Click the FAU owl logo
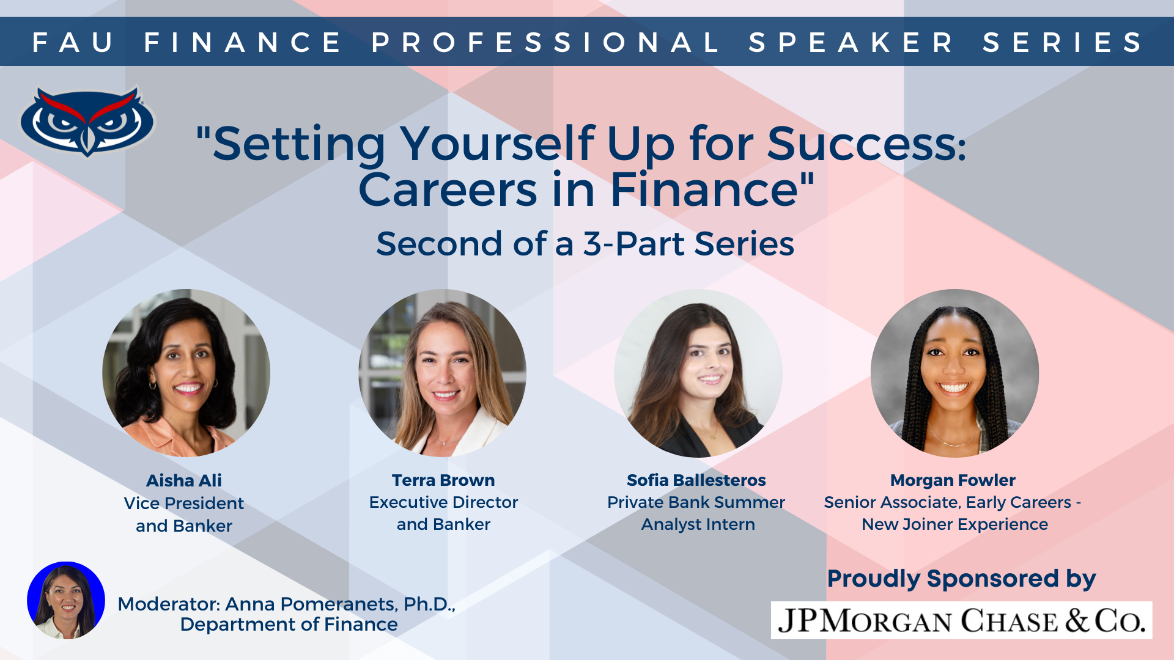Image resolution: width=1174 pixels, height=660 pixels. click(x=87, y=120)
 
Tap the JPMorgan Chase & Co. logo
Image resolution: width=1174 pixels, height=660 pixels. click(x=961, y=620)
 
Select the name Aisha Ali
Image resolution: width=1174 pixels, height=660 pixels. click(x=184, y=480)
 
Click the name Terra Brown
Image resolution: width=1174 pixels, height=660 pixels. click(x=443, y=480)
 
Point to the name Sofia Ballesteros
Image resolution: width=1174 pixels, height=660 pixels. click(x=696, y=480)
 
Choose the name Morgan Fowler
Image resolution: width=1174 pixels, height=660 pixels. click(x=953, y=480)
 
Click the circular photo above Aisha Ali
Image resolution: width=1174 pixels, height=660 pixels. click(x=186, y=373)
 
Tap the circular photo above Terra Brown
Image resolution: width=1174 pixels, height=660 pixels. click(x=443, y=373)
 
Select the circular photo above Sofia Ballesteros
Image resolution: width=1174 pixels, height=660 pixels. click(x=698, y=373)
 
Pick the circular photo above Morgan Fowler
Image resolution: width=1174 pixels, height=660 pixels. click(x=954, y=373)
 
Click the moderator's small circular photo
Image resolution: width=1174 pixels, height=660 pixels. click(x=66, y=600)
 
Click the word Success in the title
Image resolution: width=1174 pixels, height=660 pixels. click(x=866, y=144)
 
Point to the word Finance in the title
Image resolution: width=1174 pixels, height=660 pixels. click(x=704, y=189)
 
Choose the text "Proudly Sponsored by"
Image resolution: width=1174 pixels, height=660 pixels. click(x=961, y=578)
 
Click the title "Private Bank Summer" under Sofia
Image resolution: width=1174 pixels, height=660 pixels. click(x=696, y=502)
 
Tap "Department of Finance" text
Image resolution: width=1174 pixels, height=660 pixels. click(x=289, y=625)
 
